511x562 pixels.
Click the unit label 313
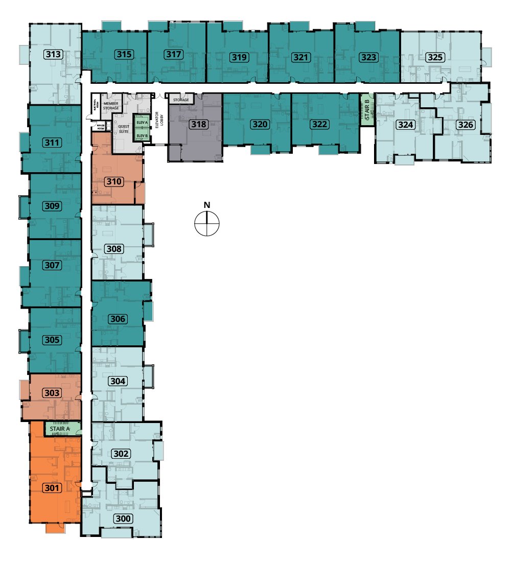click(54, 55)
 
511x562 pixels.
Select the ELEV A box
click(142, 123)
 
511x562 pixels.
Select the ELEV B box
click(142, 135)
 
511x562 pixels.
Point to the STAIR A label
click(60, 429)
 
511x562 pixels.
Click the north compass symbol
click(207, 224)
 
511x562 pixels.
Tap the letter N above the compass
click(207, 205)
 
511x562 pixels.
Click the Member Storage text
click(111, 106)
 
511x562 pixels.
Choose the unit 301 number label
click(53, 488)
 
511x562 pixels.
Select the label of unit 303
click(53, 393)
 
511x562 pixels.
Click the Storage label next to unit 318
click(181, 100)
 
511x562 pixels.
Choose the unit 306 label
click(118, 319)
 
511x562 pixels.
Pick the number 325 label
click(435, 57)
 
